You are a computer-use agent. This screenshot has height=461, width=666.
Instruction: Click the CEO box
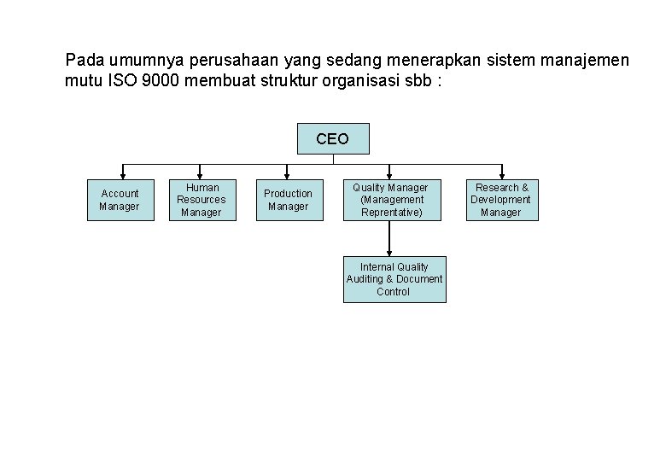[x=332, y=138]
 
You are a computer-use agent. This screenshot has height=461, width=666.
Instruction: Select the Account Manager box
[x=120, y=200]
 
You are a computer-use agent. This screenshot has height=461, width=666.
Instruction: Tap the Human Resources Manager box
[x=202, y=200]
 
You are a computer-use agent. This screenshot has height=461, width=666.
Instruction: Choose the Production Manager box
[x=288, y=200]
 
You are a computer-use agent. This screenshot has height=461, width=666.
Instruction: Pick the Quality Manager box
[x=391, y=200]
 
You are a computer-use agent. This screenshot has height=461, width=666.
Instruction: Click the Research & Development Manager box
[x=501, y=200]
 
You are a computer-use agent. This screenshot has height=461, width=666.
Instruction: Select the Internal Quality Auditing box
[x=394, y=279]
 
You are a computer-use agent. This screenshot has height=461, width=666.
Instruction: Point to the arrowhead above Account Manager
[x=123, y=174]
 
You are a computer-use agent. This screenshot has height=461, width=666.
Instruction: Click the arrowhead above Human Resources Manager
[x=200, y=174]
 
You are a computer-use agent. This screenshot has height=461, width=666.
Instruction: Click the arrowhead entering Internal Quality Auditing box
[x=389, y=251]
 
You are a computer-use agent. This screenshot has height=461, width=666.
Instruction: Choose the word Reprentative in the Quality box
[x=392, y=212]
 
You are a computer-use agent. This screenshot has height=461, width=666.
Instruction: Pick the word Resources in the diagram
[x=202, y=200]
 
